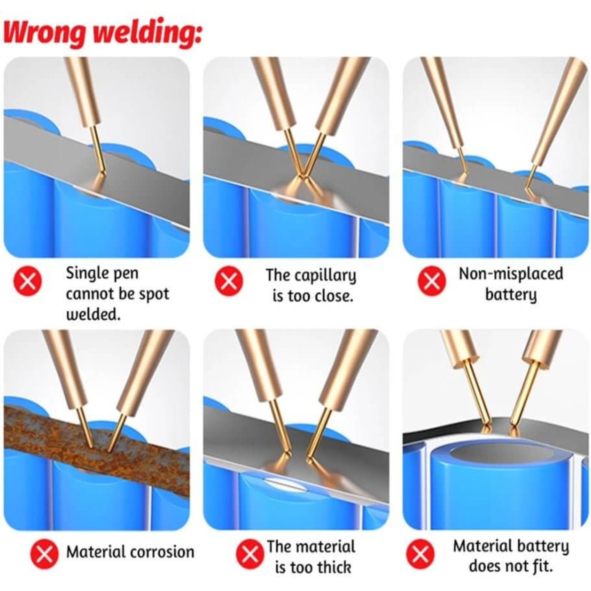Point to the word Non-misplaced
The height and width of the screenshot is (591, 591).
tap(511, 274)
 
